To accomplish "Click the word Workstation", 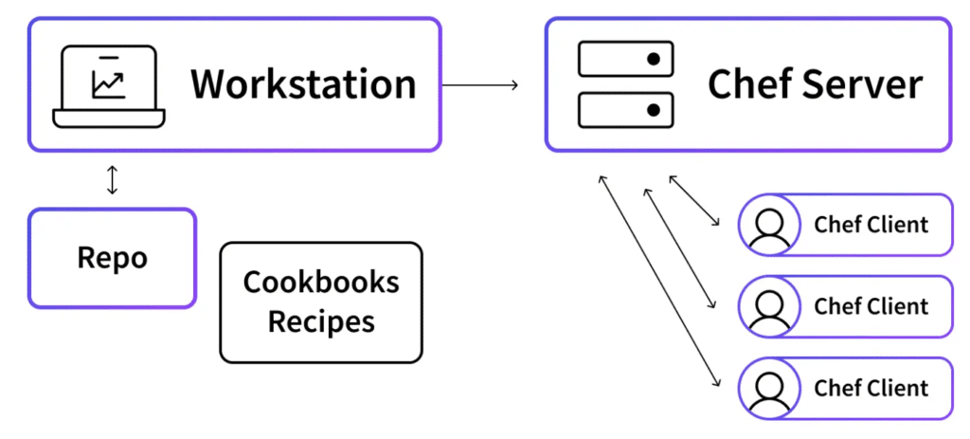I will tap(303, 84).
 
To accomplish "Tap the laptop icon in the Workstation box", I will tap(108, 86).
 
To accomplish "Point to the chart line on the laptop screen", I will tap(108, 84).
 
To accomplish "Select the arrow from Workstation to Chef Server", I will tap(480, 85).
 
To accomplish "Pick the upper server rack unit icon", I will tap(624, 60).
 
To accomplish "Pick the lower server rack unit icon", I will tap(624, 110).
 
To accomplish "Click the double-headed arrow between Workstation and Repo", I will tap(113, 180).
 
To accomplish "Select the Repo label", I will tap(112, 258).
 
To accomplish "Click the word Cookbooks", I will tap(321, 282).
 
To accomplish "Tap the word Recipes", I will tap(321, 321).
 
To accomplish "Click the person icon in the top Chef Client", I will tap(769, 226).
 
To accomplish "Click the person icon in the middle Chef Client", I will tap(769, 307).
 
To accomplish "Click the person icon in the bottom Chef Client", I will tap(769, 389).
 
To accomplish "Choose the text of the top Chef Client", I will tap(871, 226).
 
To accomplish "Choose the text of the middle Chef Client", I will tap(871, 307).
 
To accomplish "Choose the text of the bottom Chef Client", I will tap(871, 389).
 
